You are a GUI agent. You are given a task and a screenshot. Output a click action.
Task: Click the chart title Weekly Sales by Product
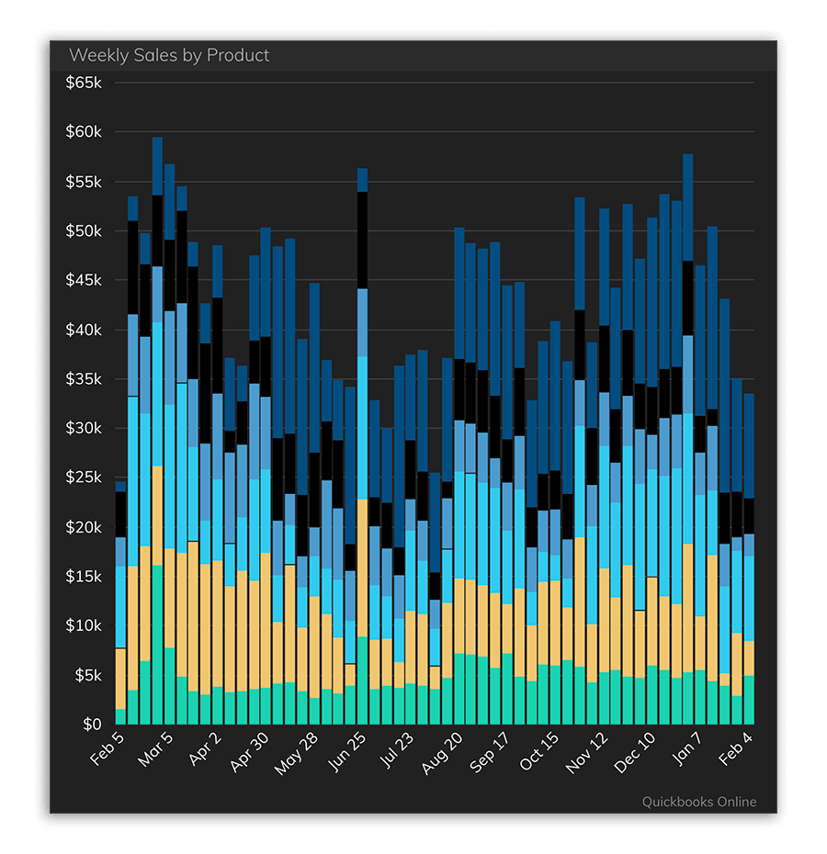point(169,55)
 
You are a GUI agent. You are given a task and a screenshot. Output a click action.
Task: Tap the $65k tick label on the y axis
point(85,83)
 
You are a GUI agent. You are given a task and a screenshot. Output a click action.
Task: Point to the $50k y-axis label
point(85,230)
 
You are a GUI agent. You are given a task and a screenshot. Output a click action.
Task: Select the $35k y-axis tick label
point(85,379)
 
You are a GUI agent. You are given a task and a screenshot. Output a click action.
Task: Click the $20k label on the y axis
point(85,527)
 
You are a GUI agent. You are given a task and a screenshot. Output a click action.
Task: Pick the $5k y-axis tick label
point(88,675)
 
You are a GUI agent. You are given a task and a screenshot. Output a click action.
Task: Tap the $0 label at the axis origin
point(93,725)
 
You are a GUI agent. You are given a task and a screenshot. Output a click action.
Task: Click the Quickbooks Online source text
point(698,802)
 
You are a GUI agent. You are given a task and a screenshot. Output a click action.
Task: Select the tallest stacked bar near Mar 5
point(157,432)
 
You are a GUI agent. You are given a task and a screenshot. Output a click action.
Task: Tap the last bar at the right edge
point(749,560)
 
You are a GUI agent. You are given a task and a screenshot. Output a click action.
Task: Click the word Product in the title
point(238,55)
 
